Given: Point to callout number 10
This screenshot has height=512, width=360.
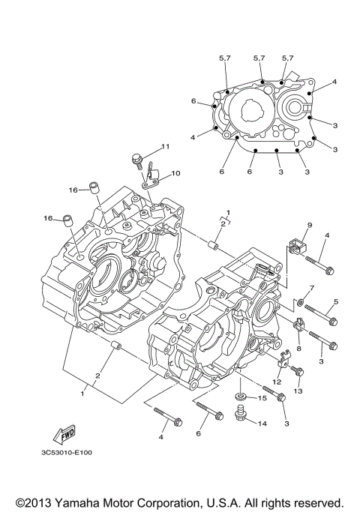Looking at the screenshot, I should point(175,173).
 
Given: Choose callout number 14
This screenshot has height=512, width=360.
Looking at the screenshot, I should point(262,424).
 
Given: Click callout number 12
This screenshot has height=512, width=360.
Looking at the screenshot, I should point(277,382).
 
